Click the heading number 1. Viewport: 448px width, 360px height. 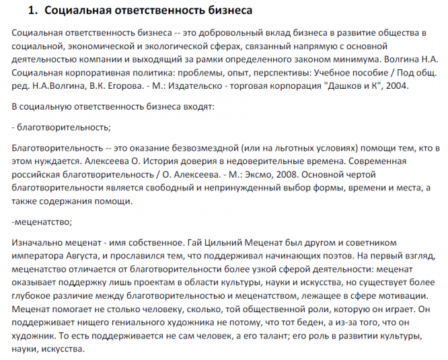coord(30,11)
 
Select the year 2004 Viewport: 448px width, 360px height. coord(396,86)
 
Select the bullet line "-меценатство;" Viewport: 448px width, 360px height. coord(42,221)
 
